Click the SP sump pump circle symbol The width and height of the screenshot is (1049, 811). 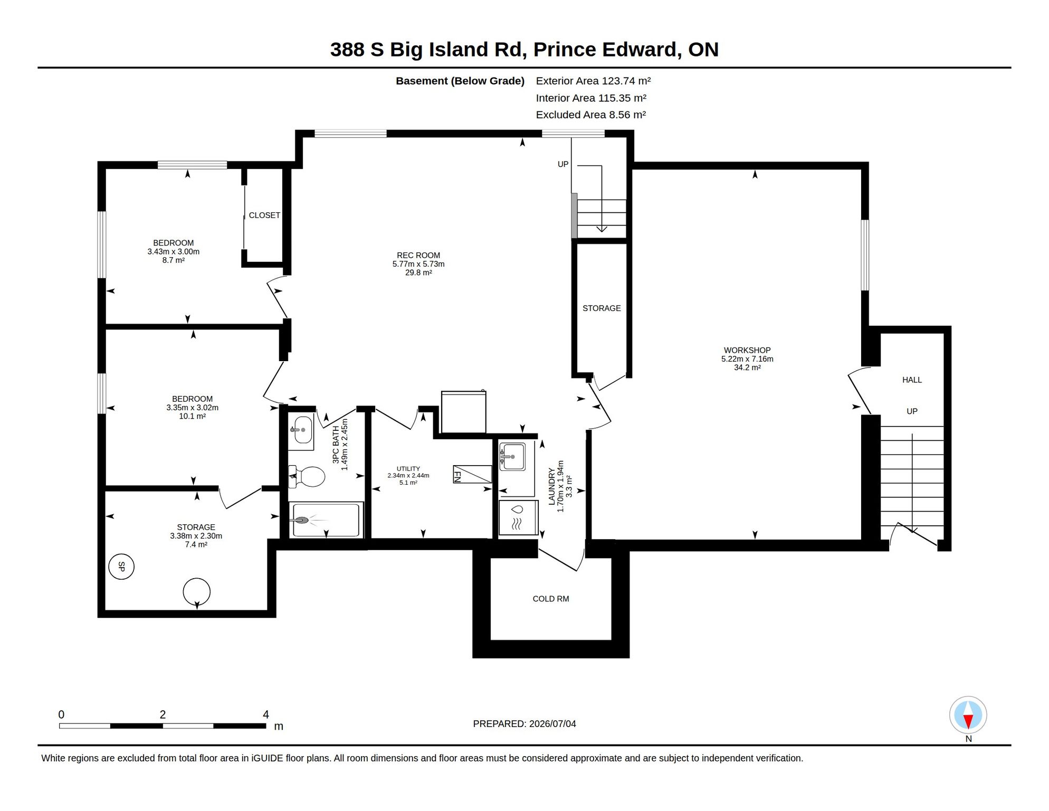[x=121, y=567]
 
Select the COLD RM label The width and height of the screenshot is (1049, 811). [x=550, y=599]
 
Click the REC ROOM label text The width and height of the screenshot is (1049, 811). [x=418, y=255]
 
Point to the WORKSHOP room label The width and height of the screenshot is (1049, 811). [x=747, y=350]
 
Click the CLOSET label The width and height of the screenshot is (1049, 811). [x=264, y=215]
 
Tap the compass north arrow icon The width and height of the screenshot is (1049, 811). [x=968, y=715]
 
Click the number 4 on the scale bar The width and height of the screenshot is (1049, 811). [x=266, y=714]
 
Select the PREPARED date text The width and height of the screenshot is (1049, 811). [x=524, y=724]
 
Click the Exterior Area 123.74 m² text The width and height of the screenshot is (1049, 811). [x=593, y=81]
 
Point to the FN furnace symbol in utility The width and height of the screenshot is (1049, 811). [x=472, y=474]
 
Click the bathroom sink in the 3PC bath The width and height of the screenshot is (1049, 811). [x=301, y=430]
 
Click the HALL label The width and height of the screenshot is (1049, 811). [x=912, y=380]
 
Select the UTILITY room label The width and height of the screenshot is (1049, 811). [x=408, y=468]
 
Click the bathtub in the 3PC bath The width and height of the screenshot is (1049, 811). [x=326, y=520]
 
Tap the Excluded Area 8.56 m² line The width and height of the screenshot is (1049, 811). [x=590, y=115]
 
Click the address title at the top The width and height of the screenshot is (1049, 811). [x=524, y=49]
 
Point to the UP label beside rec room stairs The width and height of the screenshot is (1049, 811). [x=563, y=164]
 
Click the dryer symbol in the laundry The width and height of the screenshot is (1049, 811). [x=518, y=517]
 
